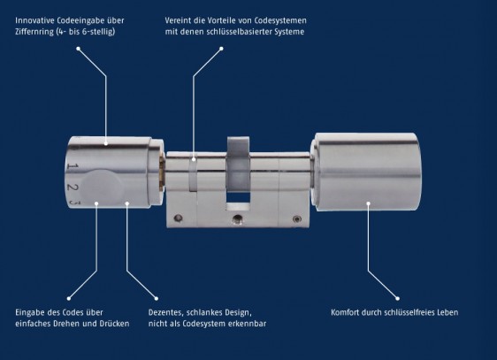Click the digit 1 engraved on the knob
coord(73,165)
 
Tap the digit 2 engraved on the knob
coord(73,187)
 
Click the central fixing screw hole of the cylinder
coord(237,219)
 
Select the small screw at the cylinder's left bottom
coord(178,218)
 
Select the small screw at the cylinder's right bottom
coord(296,219)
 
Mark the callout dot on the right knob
coord(368,203)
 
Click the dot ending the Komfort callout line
coord(397,298)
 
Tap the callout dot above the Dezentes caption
coord(157,298)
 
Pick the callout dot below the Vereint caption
coord(221,49)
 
